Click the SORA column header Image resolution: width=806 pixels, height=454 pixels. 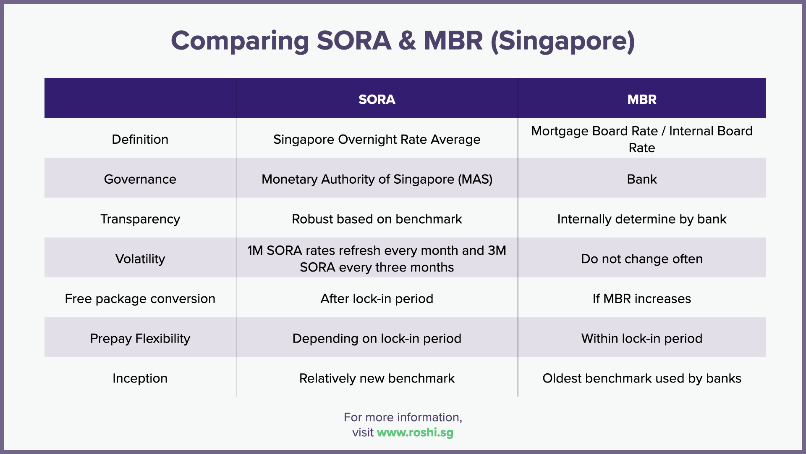377,99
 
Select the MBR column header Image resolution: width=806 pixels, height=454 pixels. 641,99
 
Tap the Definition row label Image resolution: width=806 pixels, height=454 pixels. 140,139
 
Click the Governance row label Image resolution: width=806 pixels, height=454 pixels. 140,179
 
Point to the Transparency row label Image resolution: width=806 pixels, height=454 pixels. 140,219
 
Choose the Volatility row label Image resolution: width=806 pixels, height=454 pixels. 140,259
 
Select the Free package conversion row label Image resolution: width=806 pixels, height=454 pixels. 140,298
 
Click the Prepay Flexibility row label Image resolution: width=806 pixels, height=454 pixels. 140,338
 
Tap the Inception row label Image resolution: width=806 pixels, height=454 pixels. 140,378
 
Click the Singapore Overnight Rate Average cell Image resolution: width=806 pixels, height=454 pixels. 377,139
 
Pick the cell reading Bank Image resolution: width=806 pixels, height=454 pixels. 641,179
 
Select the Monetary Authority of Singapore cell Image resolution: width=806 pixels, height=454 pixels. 377,179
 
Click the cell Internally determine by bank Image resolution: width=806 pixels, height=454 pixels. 641,219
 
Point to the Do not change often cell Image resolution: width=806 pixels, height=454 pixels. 641,259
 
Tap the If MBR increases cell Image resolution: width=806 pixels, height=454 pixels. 641,298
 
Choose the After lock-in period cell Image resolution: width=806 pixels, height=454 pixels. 377,298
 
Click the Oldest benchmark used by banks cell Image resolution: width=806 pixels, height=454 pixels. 641,378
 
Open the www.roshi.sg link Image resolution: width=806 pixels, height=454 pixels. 415,433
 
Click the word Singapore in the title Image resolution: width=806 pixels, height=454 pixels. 563,41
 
